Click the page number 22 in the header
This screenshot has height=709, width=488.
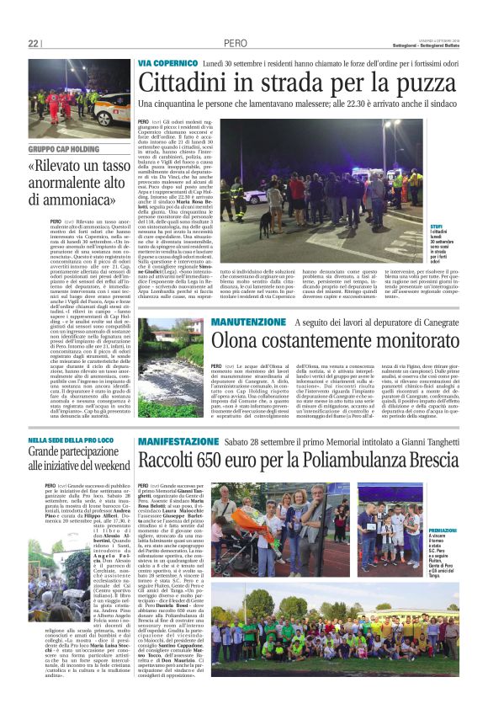click(33, 44)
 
